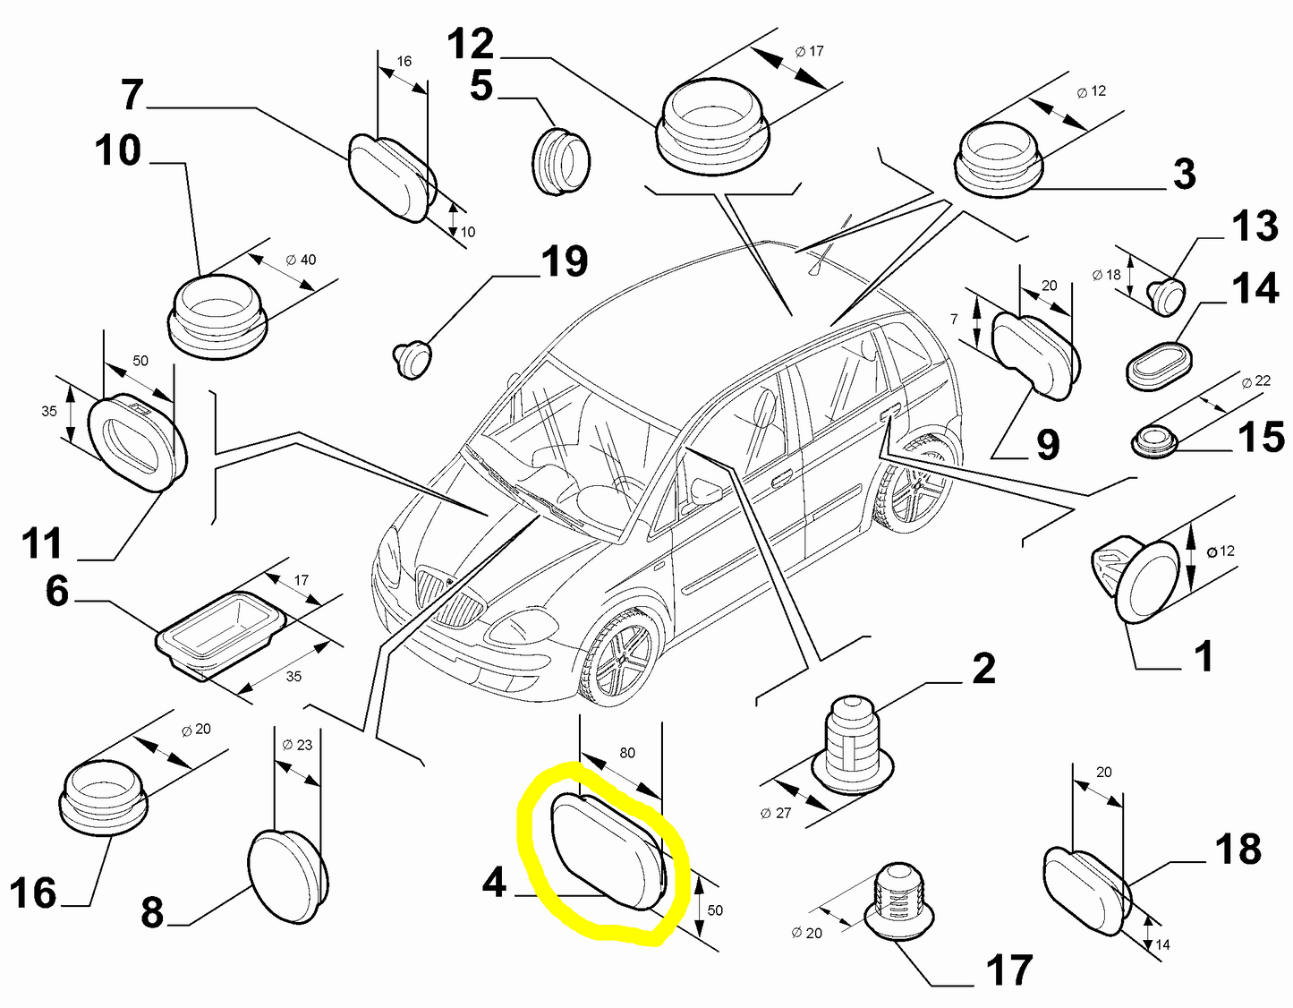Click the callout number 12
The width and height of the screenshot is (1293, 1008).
pyautogui.click(x=471, y=44)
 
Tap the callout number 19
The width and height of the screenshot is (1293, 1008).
pyautogui.click(x=565, y=261)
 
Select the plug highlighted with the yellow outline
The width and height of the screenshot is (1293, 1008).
pyautogui.click(x=607, y=851)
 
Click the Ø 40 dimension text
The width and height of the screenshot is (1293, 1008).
pyautogui.click(x=301, y=260)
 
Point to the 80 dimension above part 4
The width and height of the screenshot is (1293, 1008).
pyautogui.click(x=627, y=753)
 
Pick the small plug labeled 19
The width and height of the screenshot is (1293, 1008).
pyautogui.click(x=413, y=358)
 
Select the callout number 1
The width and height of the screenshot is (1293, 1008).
pyautogui.click(x=1204, y=657)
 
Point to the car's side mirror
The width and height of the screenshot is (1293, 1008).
pyautogui.click(x=706, y=491)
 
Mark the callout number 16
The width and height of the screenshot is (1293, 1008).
pyautogui.click(x=33, y=893)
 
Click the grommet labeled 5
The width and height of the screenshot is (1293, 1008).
pyautogui.click(x=561, y=160)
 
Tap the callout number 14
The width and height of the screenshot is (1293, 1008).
pyautogui.click(x=1255, y=289)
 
